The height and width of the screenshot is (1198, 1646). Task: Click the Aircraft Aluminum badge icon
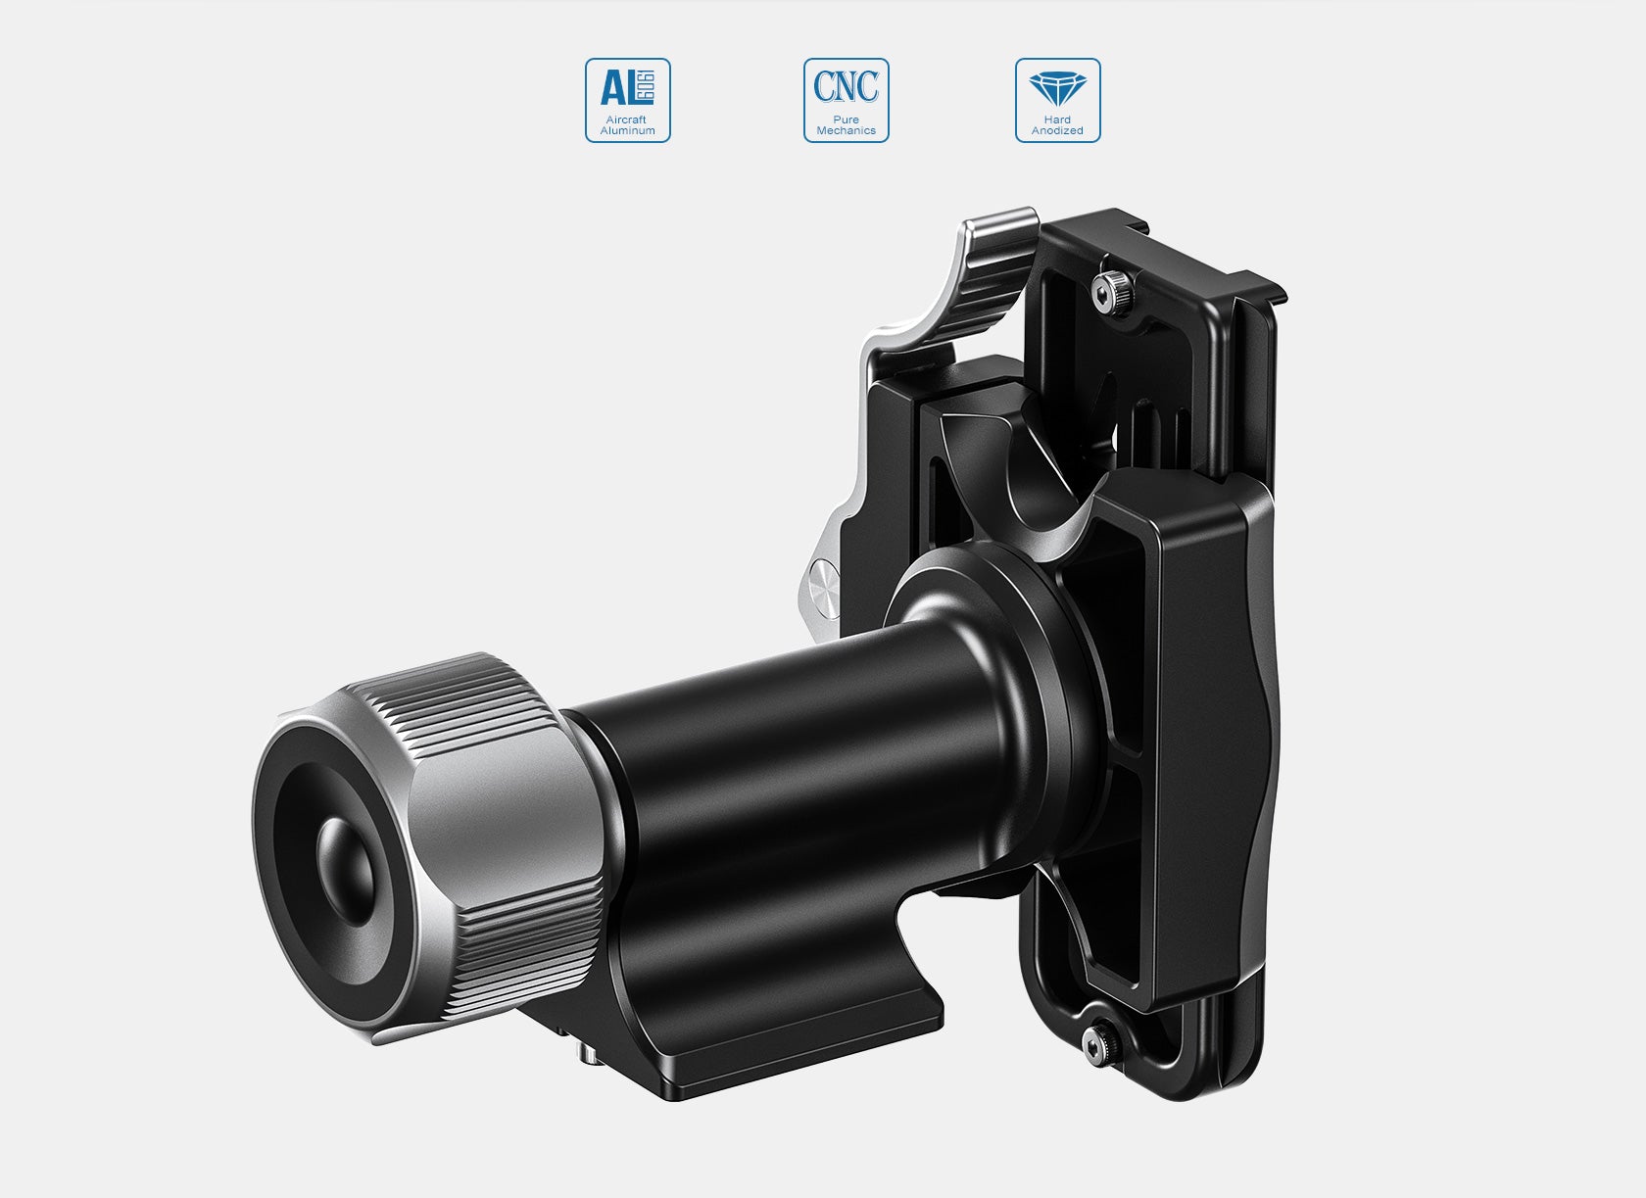(628, 100)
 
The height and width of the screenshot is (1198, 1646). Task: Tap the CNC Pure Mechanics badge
(847, 100)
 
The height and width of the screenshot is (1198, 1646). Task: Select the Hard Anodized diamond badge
(1058, 100)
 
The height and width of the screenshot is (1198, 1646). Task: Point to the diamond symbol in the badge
(1058, 88)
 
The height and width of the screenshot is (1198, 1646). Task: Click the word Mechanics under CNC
(847, 131)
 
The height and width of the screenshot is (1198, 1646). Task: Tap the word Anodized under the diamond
(1058, 131)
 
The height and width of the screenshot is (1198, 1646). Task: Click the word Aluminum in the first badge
(628, 131)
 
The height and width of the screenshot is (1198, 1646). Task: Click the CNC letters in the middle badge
(847, 87)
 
